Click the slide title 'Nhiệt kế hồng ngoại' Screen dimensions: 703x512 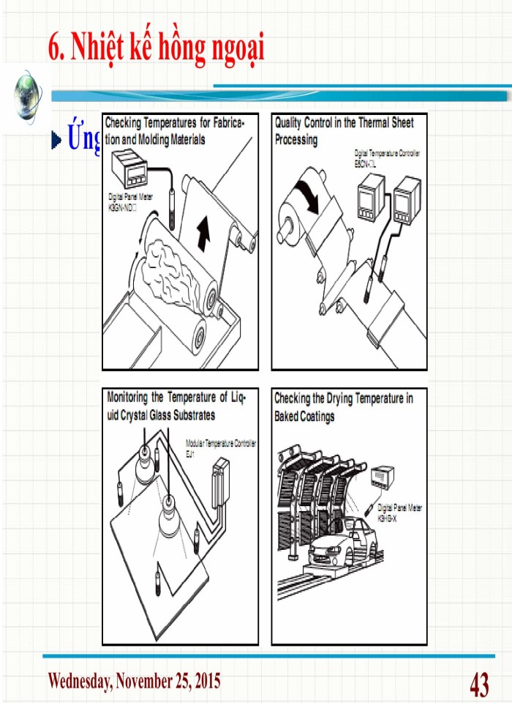156,48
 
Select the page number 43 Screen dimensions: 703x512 479,685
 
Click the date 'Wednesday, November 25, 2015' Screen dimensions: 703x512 133,681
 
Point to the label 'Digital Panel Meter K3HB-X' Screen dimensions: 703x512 399,512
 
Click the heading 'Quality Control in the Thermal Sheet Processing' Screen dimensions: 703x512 344,131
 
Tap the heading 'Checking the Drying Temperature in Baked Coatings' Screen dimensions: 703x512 343,407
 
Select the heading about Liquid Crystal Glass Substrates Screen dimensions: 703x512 177,406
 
